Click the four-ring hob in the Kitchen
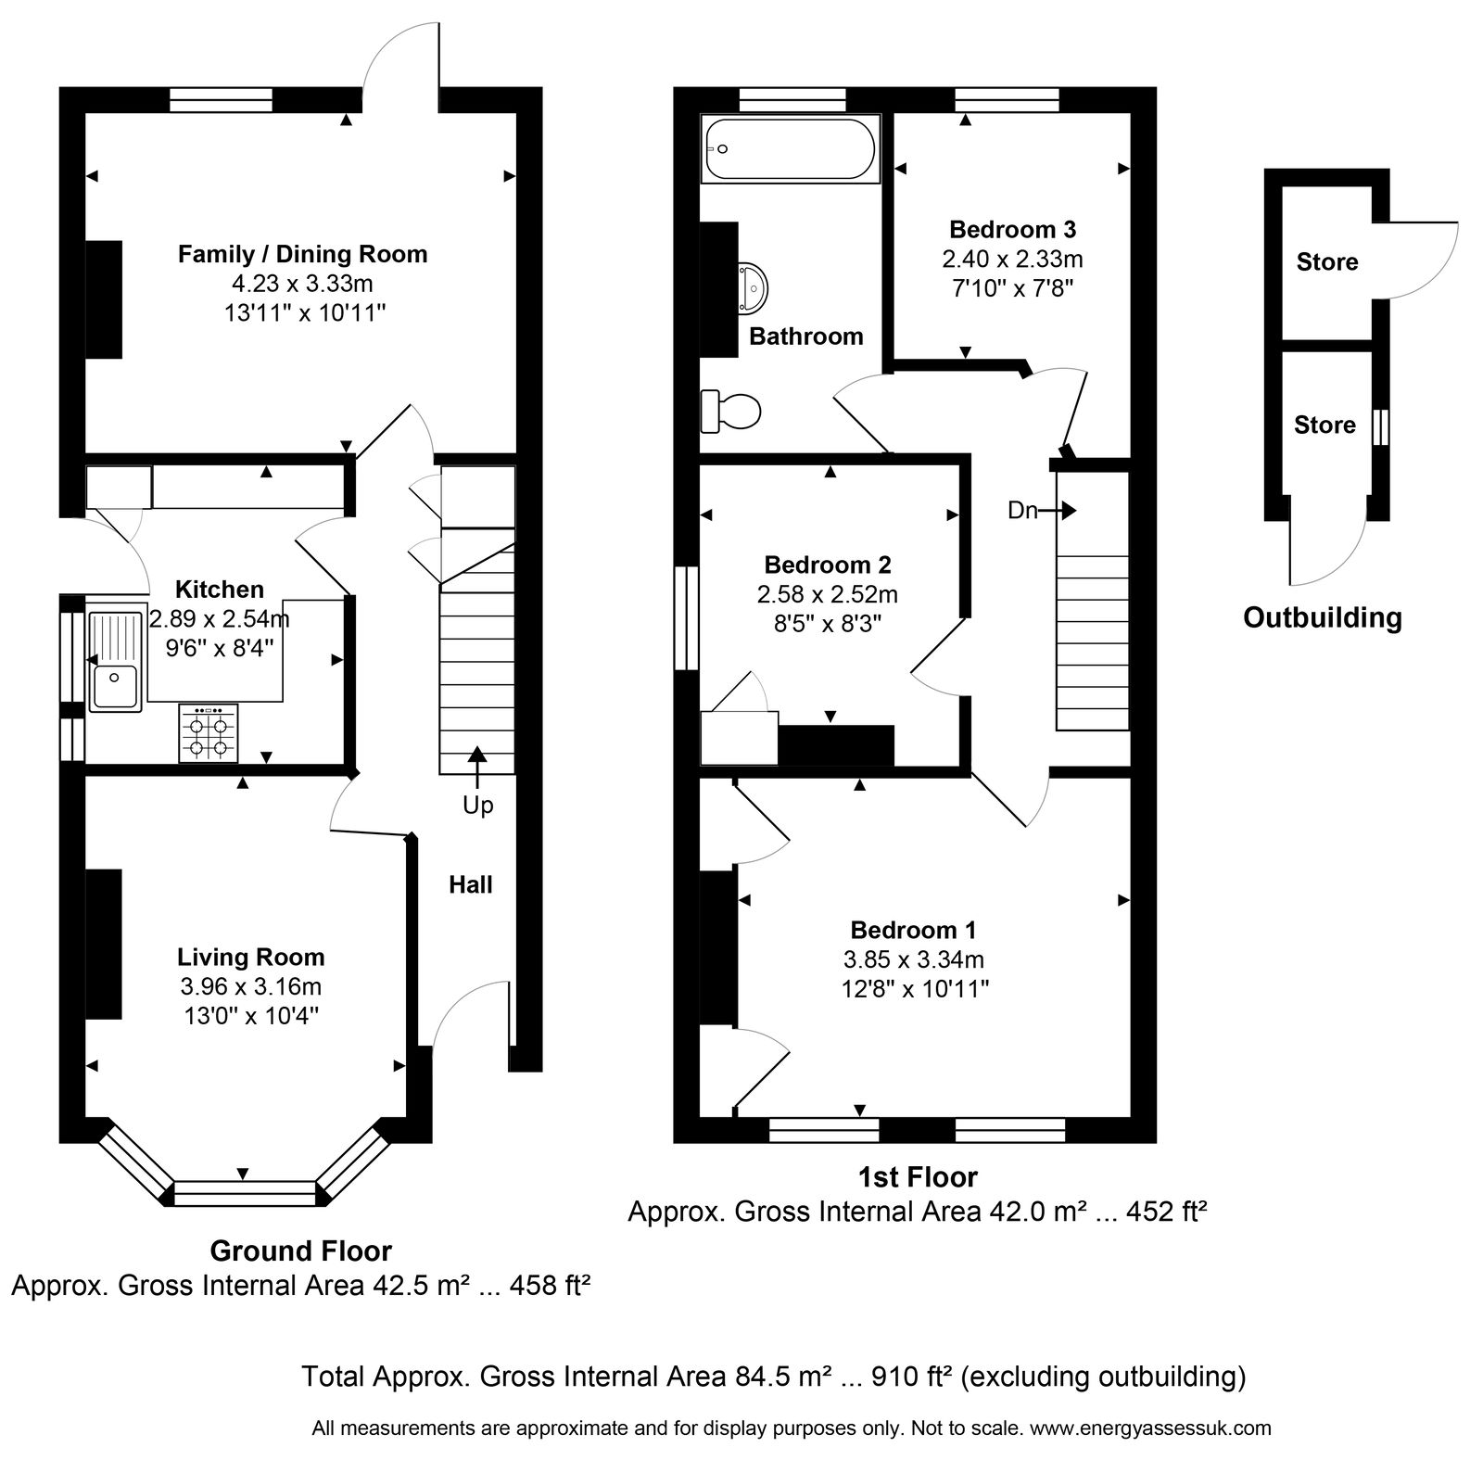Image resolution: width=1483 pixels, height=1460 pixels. [x=209, y=732]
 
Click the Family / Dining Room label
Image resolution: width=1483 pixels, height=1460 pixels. [x=303, y=254]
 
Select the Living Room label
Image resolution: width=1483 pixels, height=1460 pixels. [x=251, y=957]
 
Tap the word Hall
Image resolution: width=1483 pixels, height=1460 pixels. [x=471, y=884]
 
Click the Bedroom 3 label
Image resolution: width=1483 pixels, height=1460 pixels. [x=1013, y=229]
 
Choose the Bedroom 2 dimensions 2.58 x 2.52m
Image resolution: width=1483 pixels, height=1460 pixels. [x=828, y=594]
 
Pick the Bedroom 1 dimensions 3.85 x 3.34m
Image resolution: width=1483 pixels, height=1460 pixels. [x=913, y=959]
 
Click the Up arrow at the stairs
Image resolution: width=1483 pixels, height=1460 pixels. [x=478, y=767]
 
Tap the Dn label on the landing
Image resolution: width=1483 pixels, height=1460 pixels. [x=1022, y=511]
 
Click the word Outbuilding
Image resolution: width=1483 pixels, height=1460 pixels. [x=1322, y=617]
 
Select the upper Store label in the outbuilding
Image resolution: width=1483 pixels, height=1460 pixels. [x=1327, y=262]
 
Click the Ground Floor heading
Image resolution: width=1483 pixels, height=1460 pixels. [x=301, y=1251]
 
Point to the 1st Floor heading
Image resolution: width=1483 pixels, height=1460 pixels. [x=916, y=1177]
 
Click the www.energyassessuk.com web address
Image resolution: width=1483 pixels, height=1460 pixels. [x=1150, y=1428]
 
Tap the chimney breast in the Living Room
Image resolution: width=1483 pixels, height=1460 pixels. [x=104, y=944]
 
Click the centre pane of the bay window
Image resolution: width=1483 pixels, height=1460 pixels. [x=245, y=1193]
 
